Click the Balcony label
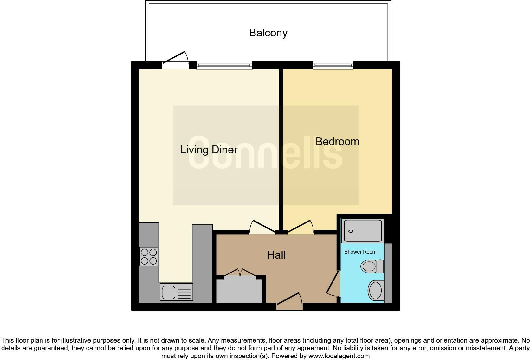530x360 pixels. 268,33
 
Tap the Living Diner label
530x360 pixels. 209,150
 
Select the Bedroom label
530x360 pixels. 337,141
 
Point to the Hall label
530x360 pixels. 276,255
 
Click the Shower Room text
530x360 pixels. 360,252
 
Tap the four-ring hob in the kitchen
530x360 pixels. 149,256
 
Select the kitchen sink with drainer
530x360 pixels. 176,292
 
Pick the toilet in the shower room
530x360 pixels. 372,266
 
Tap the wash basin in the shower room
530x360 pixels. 376,290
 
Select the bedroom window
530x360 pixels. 333,65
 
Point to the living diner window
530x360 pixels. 224,65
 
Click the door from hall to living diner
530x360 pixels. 262,227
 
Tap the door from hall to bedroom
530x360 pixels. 301,227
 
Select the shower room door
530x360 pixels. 333,284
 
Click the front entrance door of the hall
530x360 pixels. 289,301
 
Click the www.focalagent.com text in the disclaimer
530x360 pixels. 339,356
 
